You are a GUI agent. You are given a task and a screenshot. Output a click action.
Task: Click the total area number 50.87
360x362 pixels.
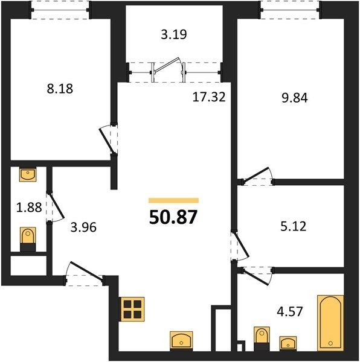pyautogui.click(x=173, y=217)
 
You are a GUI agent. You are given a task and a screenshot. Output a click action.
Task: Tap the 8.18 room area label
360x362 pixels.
pyautogui.click(x=60, y=89)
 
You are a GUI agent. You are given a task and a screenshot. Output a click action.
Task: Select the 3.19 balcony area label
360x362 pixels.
pyautogui.click(x=174, y=34)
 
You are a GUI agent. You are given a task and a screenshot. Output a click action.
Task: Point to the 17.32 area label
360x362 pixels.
pyautogui.click(x=209, y=97)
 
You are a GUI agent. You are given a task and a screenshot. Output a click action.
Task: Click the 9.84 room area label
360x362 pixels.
pyautogui.click(x=295, y=98)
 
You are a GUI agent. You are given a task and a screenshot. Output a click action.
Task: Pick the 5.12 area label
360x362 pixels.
pyautogui.click(x=293, y=226)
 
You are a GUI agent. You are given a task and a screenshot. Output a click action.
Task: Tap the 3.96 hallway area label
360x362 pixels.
pyautogui.click(x=83, y=227)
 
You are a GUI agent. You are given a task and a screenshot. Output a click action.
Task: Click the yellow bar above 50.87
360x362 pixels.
pyautogui.click(x=173, y=200)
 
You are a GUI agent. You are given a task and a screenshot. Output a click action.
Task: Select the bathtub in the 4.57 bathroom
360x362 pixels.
pyautogui.click(x=330, y=323)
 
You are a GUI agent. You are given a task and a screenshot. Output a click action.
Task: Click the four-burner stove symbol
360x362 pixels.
pyautogui.click(x=132, y=309)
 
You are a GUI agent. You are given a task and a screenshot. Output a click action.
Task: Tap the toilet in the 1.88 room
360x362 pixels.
pyautogui.click(x=28, y=239)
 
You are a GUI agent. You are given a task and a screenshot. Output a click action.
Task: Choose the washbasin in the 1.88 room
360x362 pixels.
pyautogui.click(x=28, y=175)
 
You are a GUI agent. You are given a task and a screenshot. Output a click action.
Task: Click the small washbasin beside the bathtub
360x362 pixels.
pyautogui.click(x=288, y=343)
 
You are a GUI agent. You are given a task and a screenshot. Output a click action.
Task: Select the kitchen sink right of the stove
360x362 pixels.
pyautogui.click(x=181, y=341)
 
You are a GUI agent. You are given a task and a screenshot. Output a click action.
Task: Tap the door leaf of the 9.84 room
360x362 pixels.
pyautogui.click(x=256, y=174)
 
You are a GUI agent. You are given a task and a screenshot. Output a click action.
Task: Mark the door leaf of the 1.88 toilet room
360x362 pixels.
pyautogui.click(x=57, y=206)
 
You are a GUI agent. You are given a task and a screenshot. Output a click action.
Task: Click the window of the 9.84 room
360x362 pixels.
pyautogui.click(x=290, y=10)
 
